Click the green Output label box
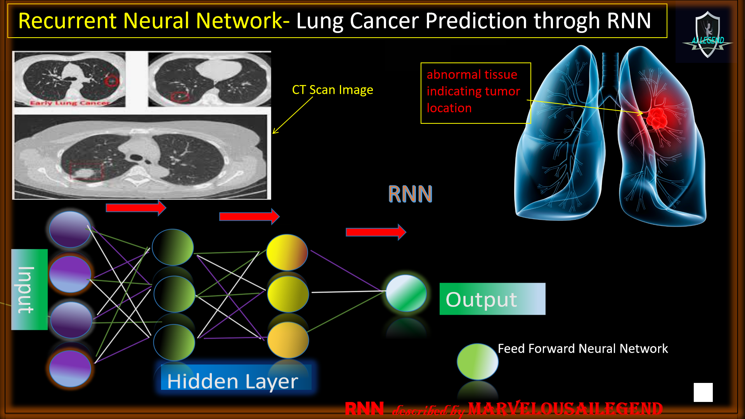pyautogui.click(x=492, y=299)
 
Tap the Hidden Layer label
pyautogui.click(x=233, y=381)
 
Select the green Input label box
pyautogui.click(x=29, y=289)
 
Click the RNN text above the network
pyautogui.click(x=410, y=194)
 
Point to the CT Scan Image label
pyautogui.click(x=333, y=90)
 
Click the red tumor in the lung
pyautogui.click(x=657, y=118)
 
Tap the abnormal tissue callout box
pyautogui.click(x=475, y=93)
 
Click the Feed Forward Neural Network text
pyautogui.click(x=582, y=348)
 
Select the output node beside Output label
pyautogui.click(x=406, y=293)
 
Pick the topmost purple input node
pyautogui.click(x=70, y=229)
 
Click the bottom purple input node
pyautogui.click(x=70, y=369)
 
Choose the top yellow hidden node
pyautogui.click(x=287, y=252)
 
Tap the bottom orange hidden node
pyautogui.click(x=288, y=340)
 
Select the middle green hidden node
pyautogui.click(x=174, y=294)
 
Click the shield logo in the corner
pyautogui.click(x=707, y=35)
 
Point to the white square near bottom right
pyautogui.click(x=703, y=392)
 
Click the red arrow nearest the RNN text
pyautogui.click(x=376, y=232)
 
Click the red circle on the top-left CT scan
pyautogui.click(x=113, y=81)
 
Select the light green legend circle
pyautogui.click(x=477, y=362)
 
